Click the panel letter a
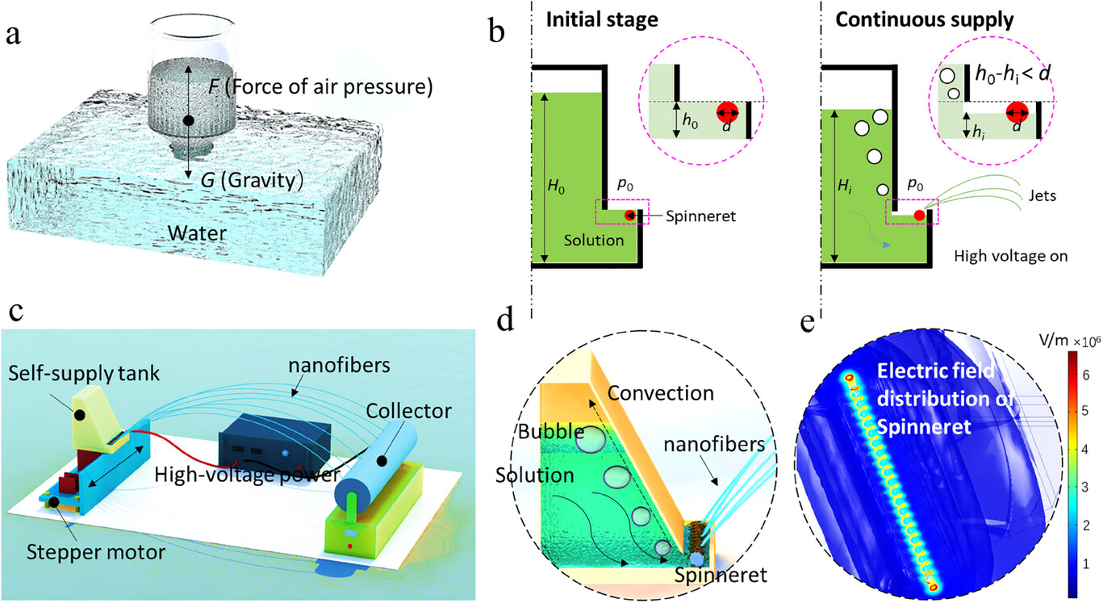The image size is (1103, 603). pyautogui.click(x=13, y=38)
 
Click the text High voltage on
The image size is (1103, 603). pyautogui.click(x=1011, y=257)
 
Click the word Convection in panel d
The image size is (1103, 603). pyautogui.click(x=662, y=394)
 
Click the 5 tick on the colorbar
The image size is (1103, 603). pyautogui.click(x=1086, y=411)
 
